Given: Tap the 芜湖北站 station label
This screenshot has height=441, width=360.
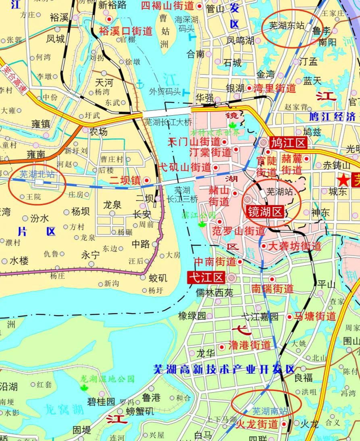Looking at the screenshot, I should click(x=37, y=175).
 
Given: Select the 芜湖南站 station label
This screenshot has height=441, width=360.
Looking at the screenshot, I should click(x=270, y=411).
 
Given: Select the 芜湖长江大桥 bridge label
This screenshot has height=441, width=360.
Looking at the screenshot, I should click(x=168, y=121).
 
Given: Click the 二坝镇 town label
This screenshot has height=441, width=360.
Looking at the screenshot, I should click(x=125, y=180).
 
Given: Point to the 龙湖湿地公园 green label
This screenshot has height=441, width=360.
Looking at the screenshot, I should click(x=107, y=379).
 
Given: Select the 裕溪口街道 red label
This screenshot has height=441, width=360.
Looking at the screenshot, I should click(x=126, y=31).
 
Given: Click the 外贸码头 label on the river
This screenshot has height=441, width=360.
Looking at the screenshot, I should click(x=165, y=91).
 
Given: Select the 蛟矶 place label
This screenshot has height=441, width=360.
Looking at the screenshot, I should click(x=158, y=278).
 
